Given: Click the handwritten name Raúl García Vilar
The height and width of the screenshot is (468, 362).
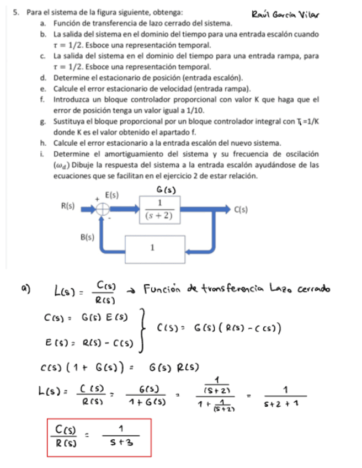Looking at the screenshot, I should pyautogui.click(x=285, y=13).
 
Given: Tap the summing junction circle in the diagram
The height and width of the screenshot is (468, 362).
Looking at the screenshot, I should pyautogui.click(x=103, y=209).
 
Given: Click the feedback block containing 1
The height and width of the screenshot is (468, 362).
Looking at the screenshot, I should pyautogui.click(x=152, y=248).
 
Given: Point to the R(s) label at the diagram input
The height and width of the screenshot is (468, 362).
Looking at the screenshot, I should pyautogui.click(x=68, y=206).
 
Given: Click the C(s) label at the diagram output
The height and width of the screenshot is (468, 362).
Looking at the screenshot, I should pyautogui.click(x=241, y=209).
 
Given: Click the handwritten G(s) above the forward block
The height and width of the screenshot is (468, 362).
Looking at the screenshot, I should pyautogui.click(x=166, y=190).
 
